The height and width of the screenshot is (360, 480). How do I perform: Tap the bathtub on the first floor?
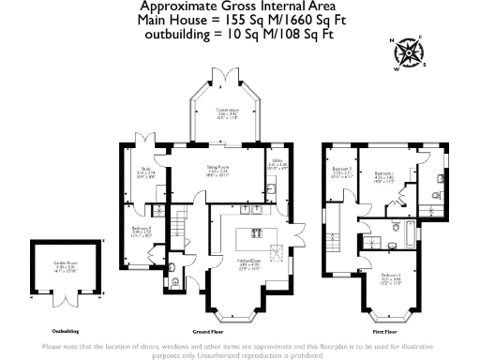(410, 230)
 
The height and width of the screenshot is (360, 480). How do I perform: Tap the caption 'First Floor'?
(385, 332)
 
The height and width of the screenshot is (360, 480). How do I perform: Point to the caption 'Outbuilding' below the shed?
(65, 332)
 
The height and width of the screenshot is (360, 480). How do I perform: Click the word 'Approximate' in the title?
(178, 7)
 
